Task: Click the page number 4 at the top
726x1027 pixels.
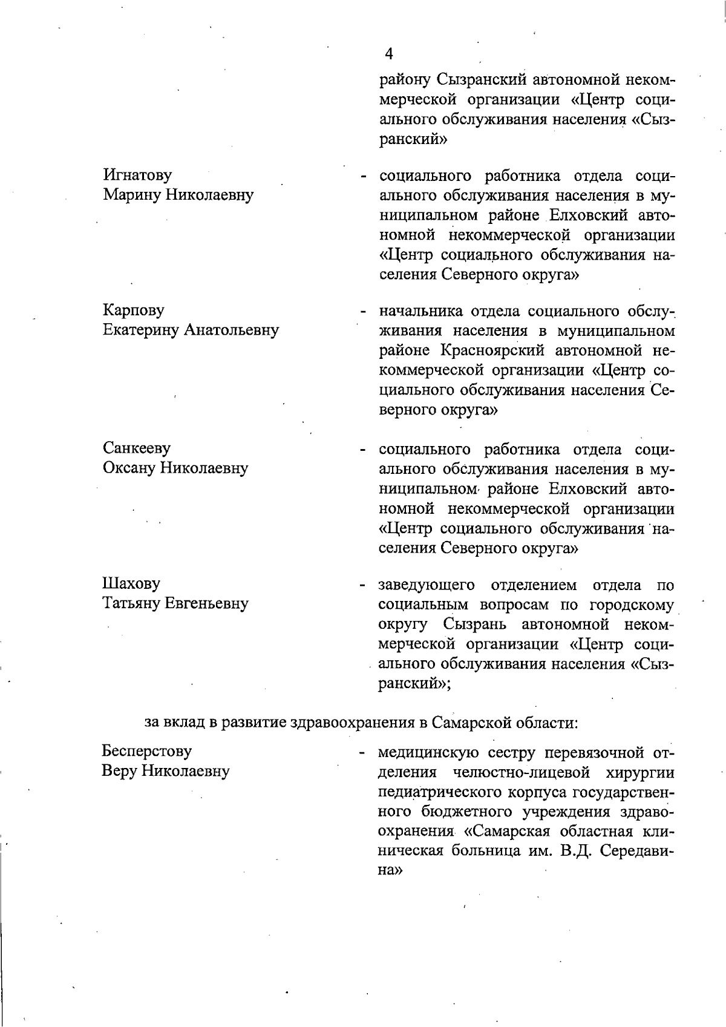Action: [388, 54]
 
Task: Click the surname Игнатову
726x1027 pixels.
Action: [137, 175]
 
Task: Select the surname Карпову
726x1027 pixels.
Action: [133, 310]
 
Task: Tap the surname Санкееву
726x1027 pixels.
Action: [137, 448]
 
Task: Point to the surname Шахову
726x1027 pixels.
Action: [131, 584]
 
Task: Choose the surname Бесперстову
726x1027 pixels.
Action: [147, 752]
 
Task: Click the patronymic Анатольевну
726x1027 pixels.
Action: [232, 330]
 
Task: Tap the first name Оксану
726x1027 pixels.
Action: [129, 468]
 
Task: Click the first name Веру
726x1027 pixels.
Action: [120, 772]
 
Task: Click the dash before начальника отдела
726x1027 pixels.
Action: [363, 313]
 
